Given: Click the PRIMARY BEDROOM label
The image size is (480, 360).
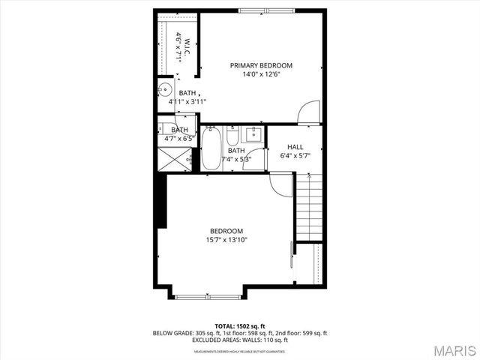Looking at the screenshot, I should [x=261, y=65].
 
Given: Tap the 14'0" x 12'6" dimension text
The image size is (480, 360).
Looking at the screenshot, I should [x=261, y=74].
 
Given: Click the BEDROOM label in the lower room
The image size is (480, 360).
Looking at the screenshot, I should [x=226, y=231].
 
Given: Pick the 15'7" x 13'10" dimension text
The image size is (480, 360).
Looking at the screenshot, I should [x=226, y=240].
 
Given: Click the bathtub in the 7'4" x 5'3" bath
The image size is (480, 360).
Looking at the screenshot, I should [x=211, y=148].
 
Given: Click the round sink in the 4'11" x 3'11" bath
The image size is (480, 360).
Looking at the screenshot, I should [x=164, y=92].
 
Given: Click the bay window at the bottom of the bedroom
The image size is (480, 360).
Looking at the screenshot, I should [x=208, y=297].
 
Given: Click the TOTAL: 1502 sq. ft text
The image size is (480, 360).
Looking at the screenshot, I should [x=240, y=325].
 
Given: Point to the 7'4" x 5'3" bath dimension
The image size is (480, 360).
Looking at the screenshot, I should [x=237, y=159].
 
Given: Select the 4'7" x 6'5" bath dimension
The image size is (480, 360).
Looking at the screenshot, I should [x=179, y=139].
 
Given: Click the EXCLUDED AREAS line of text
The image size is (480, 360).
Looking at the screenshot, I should [x=240, y=339].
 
